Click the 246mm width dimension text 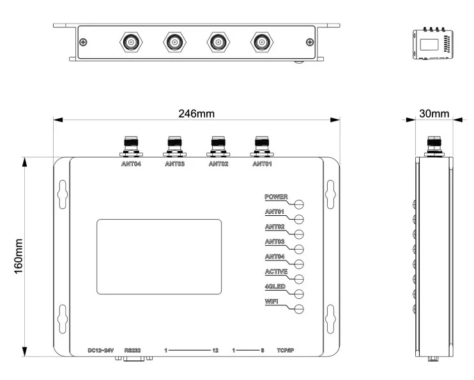[x=197, y=114]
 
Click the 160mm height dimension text [x=19, y=256]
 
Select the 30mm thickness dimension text [x=434, y=114]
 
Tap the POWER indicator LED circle [x=299, y=204]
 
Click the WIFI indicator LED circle [x=299, y=309]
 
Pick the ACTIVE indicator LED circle [x=299, y=279]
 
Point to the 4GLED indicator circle [x=299, y=294]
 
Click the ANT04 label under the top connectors [x=131, y=164]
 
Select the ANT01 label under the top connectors [x=262, y=164]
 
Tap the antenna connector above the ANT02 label [x=218, y=147]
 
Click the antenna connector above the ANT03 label [x=175, y=147]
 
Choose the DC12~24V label [x=101, y=351]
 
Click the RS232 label [x=132, y=351]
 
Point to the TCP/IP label [x=286, y=351]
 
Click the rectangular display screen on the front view [x=159, y=257]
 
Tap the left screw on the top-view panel [x=83, y=42]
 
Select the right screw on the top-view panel [x=310, y=42]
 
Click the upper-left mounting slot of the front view [x=63, y=194]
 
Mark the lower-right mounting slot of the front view [x=330, y=319]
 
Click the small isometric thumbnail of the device [x=433, y=43]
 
